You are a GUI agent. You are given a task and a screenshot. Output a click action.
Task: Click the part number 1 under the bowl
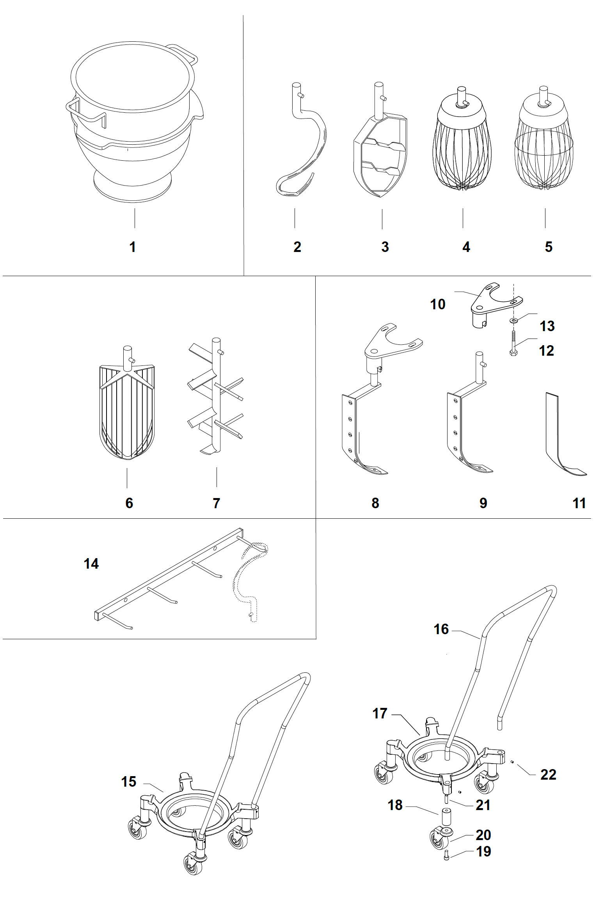click(x=133, y=247)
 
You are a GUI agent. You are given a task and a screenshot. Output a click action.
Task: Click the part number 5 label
click(x=549, y=247)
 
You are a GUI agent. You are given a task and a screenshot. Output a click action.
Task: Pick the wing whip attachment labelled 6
click(x=127, y=410)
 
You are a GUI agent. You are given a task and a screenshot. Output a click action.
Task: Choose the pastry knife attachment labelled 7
click(x=216, y=402)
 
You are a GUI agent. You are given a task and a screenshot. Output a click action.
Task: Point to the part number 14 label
click(x=91, y=564)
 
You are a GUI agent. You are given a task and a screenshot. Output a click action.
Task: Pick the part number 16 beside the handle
click(x=441, y=629)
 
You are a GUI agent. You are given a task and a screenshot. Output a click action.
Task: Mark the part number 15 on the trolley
click(x=129, y=782)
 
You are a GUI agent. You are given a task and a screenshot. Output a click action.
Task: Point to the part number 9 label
click(x=483, y=503)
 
